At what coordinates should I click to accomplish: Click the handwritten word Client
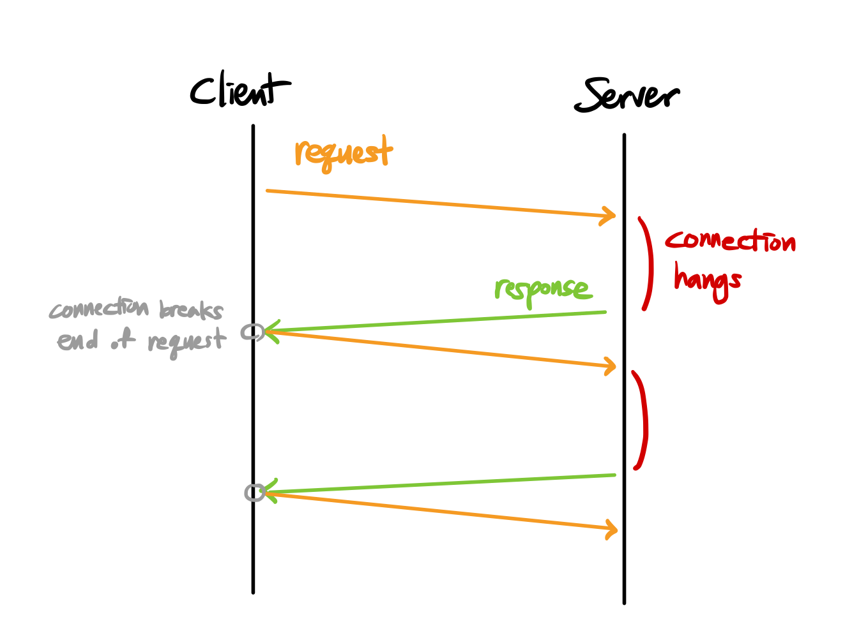click(x=239, y=91)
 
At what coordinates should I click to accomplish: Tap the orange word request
click(x=343, y=153)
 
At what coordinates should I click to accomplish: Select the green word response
click(x=543, y=290)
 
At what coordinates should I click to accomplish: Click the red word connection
click(x=730, y=242)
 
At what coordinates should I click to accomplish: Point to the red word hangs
click(x=708, y=281)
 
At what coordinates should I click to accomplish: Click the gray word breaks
click(x=191, y=310)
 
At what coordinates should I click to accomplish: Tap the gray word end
click(x=78, y=341)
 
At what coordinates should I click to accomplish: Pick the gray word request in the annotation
click(x=186, y=343)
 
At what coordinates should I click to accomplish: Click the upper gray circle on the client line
click(x=252, y=332)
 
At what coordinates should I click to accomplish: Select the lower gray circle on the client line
click(x=255, y=492)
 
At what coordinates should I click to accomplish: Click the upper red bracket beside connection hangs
click(x=648, y=263)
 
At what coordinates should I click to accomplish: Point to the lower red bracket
click(x=642, y=420)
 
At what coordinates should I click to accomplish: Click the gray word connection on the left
click(x=99, y=309)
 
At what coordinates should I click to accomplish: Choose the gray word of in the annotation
click(x=123, y=341)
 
